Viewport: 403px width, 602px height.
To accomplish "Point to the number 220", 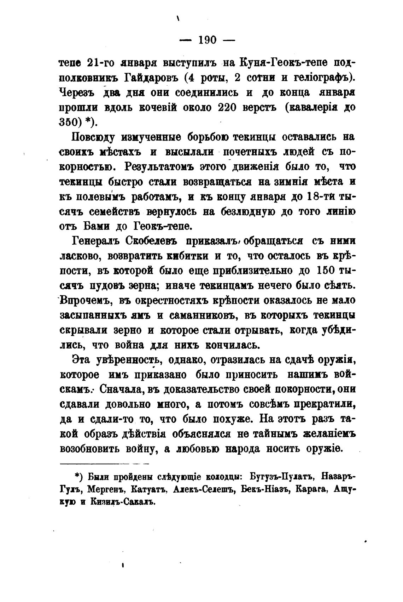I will point(229,108).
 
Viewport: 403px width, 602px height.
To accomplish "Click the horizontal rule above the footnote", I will point(105,463).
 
